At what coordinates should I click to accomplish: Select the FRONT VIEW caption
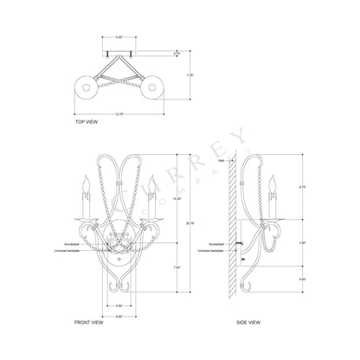[92, 320]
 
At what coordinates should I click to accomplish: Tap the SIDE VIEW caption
[250, 320]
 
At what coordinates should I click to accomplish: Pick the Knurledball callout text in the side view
[222, 244]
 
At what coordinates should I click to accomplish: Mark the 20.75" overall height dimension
[177, 222]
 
